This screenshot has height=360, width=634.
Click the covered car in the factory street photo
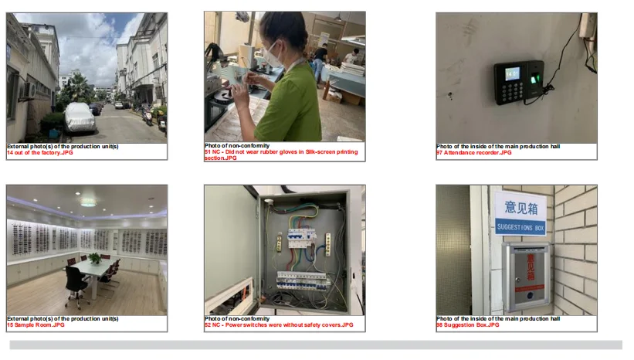click(x=80, y=117)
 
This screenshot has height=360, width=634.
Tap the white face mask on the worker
click(x=272, y=56)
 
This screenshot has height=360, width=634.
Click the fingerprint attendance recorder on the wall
click(x=519, y=82)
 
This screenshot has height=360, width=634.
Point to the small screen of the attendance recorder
click(x=512, y=73)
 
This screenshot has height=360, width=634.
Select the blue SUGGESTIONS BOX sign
click(x=520, y=227)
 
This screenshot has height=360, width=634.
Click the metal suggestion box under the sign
click(x=527, y=277)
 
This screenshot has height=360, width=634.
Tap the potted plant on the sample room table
click(x=95, y=258)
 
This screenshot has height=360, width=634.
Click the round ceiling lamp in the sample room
click(x=88, y=202)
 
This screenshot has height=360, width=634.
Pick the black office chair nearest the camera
click(x=76, y=286)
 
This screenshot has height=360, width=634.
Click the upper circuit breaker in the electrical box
click(x=301, y=238)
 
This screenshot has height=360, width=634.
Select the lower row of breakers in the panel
click(x=303, y=280)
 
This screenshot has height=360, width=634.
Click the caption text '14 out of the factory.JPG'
click(x=40, y=152)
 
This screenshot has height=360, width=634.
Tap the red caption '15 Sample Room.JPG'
click(x=36, y=324)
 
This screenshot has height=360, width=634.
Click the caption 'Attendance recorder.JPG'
click(x=477, y=152)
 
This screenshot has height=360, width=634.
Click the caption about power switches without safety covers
click(x=279, y=324)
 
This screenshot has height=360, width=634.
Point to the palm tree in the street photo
click(x=76, y=87)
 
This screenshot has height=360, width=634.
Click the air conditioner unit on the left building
click(x=29, y=90)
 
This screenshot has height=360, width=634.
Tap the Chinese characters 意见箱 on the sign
click(x=521, y=208)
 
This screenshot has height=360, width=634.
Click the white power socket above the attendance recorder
click(x=587, y=25)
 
